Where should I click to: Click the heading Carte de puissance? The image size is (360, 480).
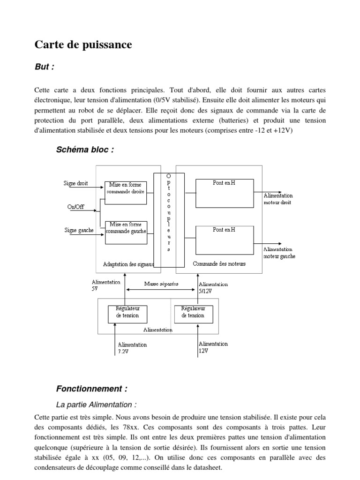pos(83,45)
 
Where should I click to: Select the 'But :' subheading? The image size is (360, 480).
pos(45,67)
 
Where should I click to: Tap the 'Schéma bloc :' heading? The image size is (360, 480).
pos(85,150)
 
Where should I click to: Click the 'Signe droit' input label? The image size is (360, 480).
pos(75,183)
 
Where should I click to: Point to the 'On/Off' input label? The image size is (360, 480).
pos(76,207)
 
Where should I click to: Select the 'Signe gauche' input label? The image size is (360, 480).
pos(78,230)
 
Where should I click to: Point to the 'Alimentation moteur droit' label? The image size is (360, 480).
pos(278,199)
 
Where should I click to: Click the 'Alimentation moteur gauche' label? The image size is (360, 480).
pos(279,253)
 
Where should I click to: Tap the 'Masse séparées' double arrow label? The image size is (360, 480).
pos(161,284)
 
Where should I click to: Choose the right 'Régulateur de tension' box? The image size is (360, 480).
pos(193,313)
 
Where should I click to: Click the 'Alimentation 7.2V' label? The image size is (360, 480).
pos(132,347)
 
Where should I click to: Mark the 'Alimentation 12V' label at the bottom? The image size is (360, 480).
pos(213,347)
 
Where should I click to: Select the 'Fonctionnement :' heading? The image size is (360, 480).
pos(92,389)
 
